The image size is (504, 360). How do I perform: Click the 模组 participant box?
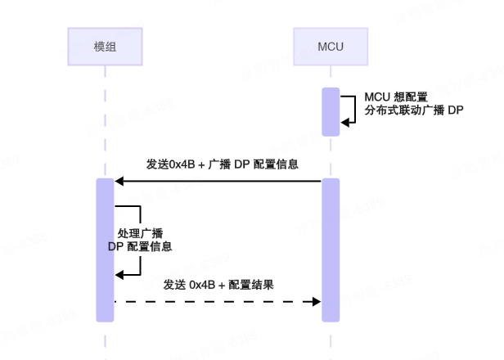pos(105,46)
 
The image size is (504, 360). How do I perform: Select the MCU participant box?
pos(331,46)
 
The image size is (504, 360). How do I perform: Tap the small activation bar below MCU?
pos(331,111)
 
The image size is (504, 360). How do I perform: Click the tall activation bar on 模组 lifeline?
pos(105,250)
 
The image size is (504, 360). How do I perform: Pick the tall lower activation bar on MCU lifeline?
pos(331,250)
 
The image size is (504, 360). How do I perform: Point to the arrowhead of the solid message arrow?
pos(119,180)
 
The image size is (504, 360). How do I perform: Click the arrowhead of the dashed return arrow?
pos(317,302)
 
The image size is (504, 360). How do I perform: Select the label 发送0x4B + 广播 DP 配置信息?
pos(221,164)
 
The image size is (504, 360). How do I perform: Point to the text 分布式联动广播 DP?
pos(414,110)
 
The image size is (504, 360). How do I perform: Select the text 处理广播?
pos(140,232)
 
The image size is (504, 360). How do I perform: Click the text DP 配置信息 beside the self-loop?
pos(140,246)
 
